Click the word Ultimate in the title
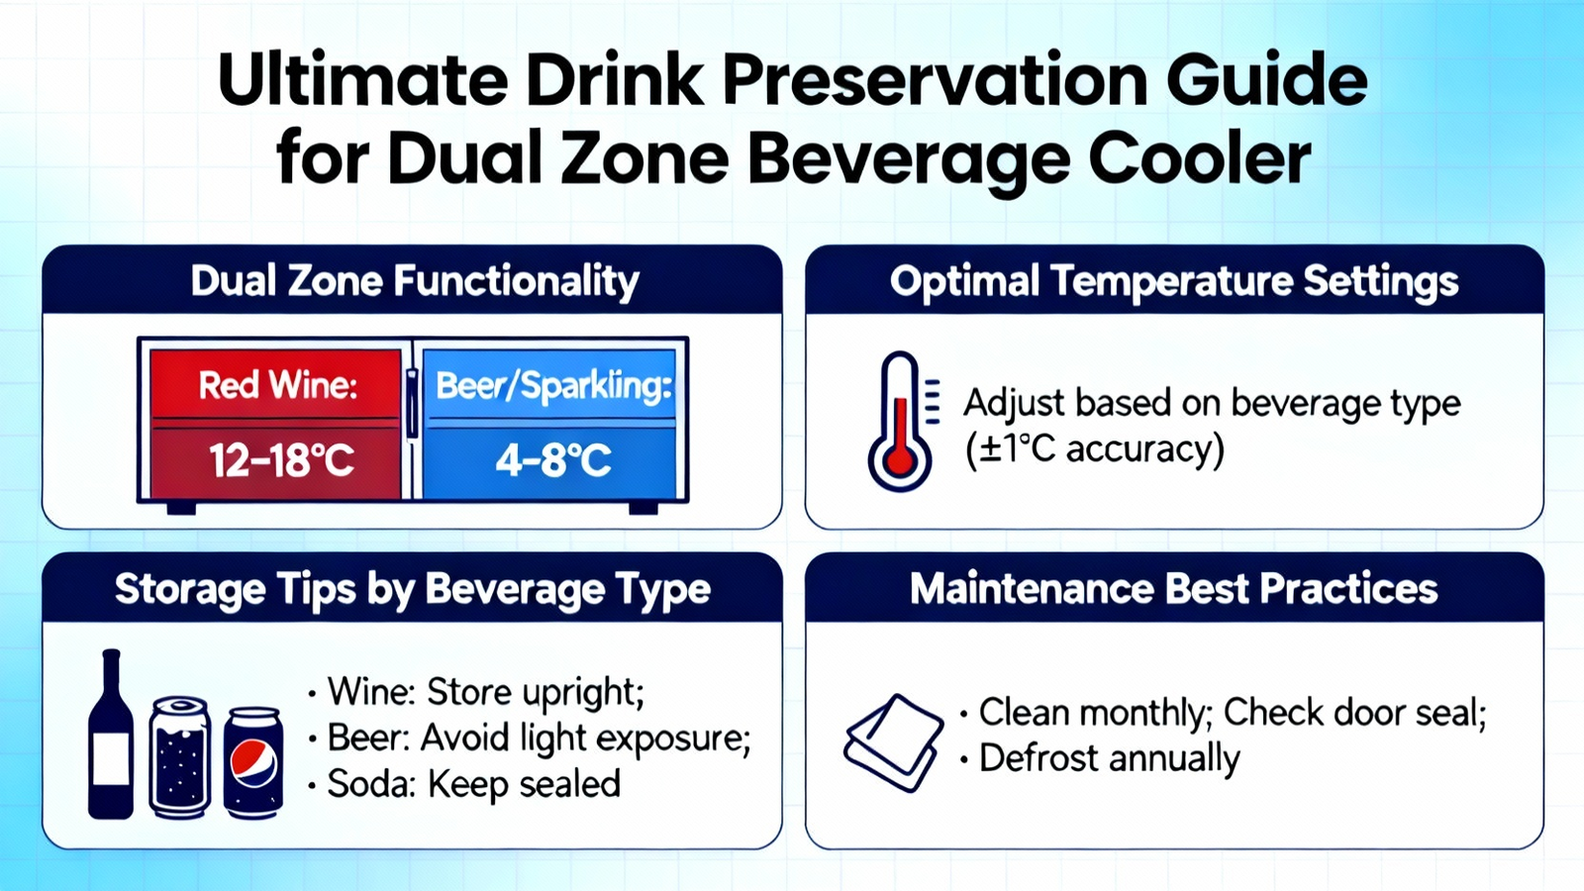coord(362,79)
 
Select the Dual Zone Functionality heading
coord(415,281)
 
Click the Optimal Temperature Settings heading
coord(1174,281)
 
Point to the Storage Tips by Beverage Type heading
coord(412,589)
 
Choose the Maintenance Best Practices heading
coord(1174,588)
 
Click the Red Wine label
coord(278,385)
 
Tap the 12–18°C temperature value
coord(281,460)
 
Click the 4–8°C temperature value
coord(553,461)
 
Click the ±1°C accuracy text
coord(1095,449)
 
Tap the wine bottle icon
coord(111,734)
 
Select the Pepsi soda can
coord(253,762)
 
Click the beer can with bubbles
coord(180,757)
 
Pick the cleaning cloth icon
coord(894,742)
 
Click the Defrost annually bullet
coord(1100,758)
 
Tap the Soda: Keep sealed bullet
coord(464,784)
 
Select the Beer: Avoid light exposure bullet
coord(529,739)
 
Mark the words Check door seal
coord(1355,712)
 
